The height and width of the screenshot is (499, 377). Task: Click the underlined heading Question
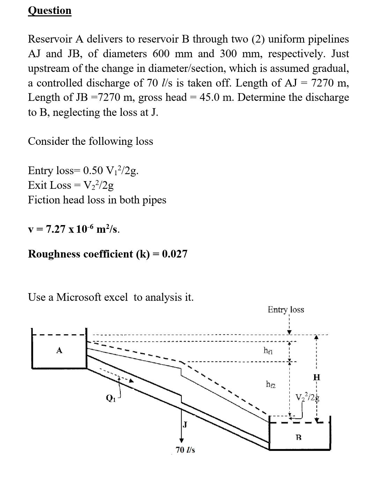tap(50, 10)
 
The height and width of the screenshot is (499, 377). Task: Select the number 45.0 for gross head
tap(209, 97)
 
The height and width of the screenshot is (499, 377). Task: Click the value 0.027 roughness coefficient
tap(175, 254)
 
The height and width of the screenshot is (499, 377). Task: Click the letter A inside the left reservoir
tap(59, 350)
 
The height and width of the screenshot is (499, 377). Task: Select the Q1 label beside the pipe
tap(110, 397)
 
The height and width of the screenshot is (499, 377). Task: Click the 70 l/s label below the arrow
tap(185, 450)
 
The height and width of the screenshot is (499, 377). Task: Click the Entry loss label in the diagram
tap(286, 310)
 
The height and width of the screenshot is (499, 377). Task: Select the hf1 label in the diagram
tap(268, 350)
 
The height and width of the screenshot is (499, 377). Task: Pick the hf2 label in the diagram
tap(271, 384)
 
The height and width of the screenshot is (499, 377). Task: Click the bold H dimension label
tap(317, 377)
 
